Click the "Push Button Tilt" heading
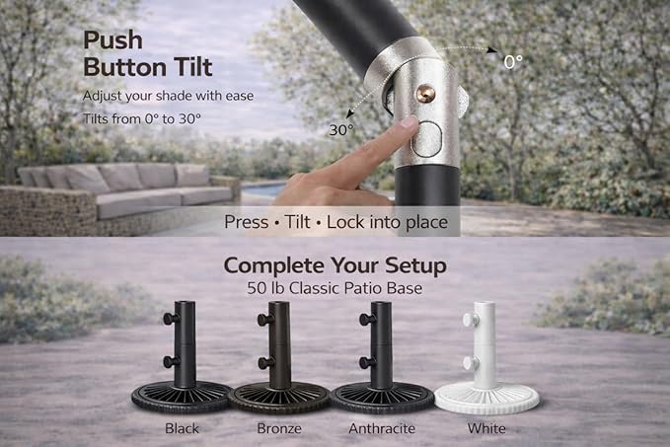147,54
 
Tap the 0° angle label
513,62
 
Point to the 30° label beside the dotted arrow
341,130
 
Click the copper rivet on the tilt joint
426,93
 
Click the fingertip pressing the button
409,123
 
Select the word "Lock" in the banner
345,222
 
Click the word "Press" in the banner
247,222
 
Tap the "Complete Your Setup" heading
335,265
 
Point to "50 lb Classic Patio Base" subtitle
335,288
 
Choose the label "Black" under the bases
182,428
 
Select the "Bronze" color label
279,428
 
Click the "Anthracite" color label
382,428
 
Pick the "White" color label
486,428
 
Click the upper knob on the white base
469,319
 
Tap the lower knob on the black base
171,362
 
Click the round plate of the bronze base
278,398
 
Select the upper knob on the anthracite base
367,319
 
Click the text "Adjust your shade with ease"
168,96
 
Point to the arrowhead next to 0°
492,51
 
